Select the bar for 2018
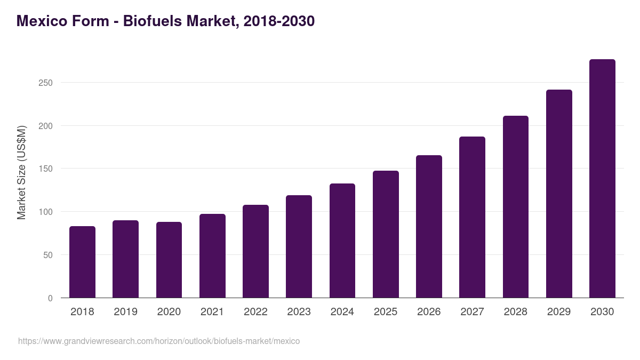(x=82, y=262)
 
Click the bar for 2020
(x=169, y=260)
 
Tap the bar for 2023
(x=299, y=246)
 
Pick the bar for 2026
(x=429, y=227)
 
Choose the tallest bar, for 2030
(x=602, y=179)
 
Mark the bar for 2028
(x=516, y=207)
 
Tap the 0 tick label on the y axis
(x=50, y=298)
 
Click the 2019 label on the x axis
(x=125, y=311)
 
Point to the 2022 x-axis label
(x=255, y=311)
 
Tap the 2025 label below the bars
(x=386, y=311)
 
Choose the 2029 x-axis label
(x=559, y=311)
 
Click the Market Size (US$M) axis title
(x=21, y=172)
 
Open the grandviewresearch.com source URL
(x=159, y=341)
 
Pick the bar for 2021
(x=212, y=256)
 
